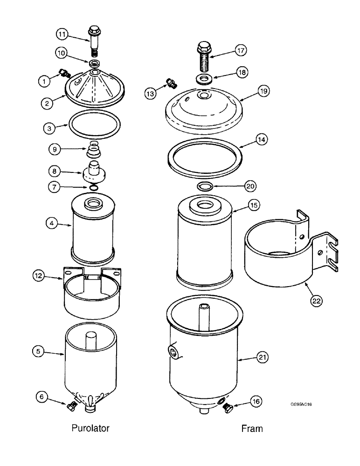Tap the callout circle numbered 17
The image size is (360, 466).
pyautogui.click(x=241, y=49)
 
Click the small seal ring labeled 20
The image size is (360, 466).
pyautogui.click(x=206, y=187)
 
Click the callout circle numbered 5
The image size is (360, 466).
pyautogui.click(x=40, y=352)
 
